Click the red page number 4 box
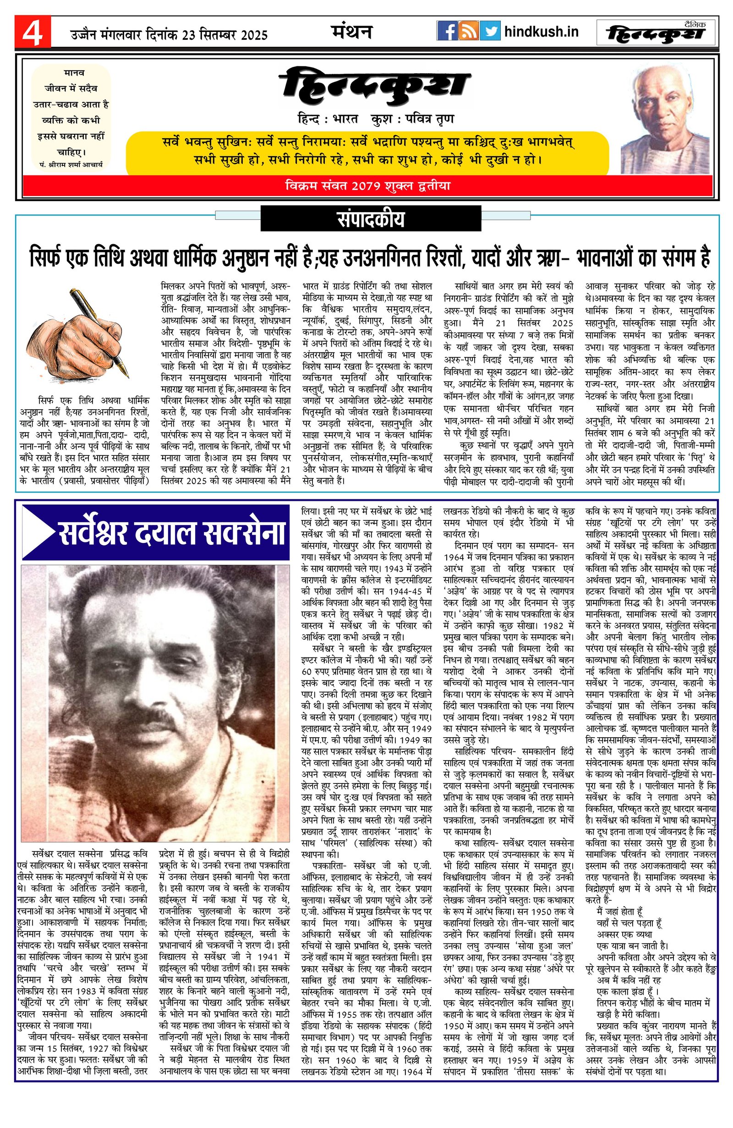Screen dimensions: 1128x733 (32, 32)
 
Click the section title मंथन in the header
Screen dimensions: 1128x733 (351, 32)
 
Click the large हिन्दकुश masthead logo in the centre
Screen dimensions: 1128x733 (374, 88)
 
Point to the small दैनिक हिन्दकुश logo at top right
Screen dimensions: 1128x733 (656, 32)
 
